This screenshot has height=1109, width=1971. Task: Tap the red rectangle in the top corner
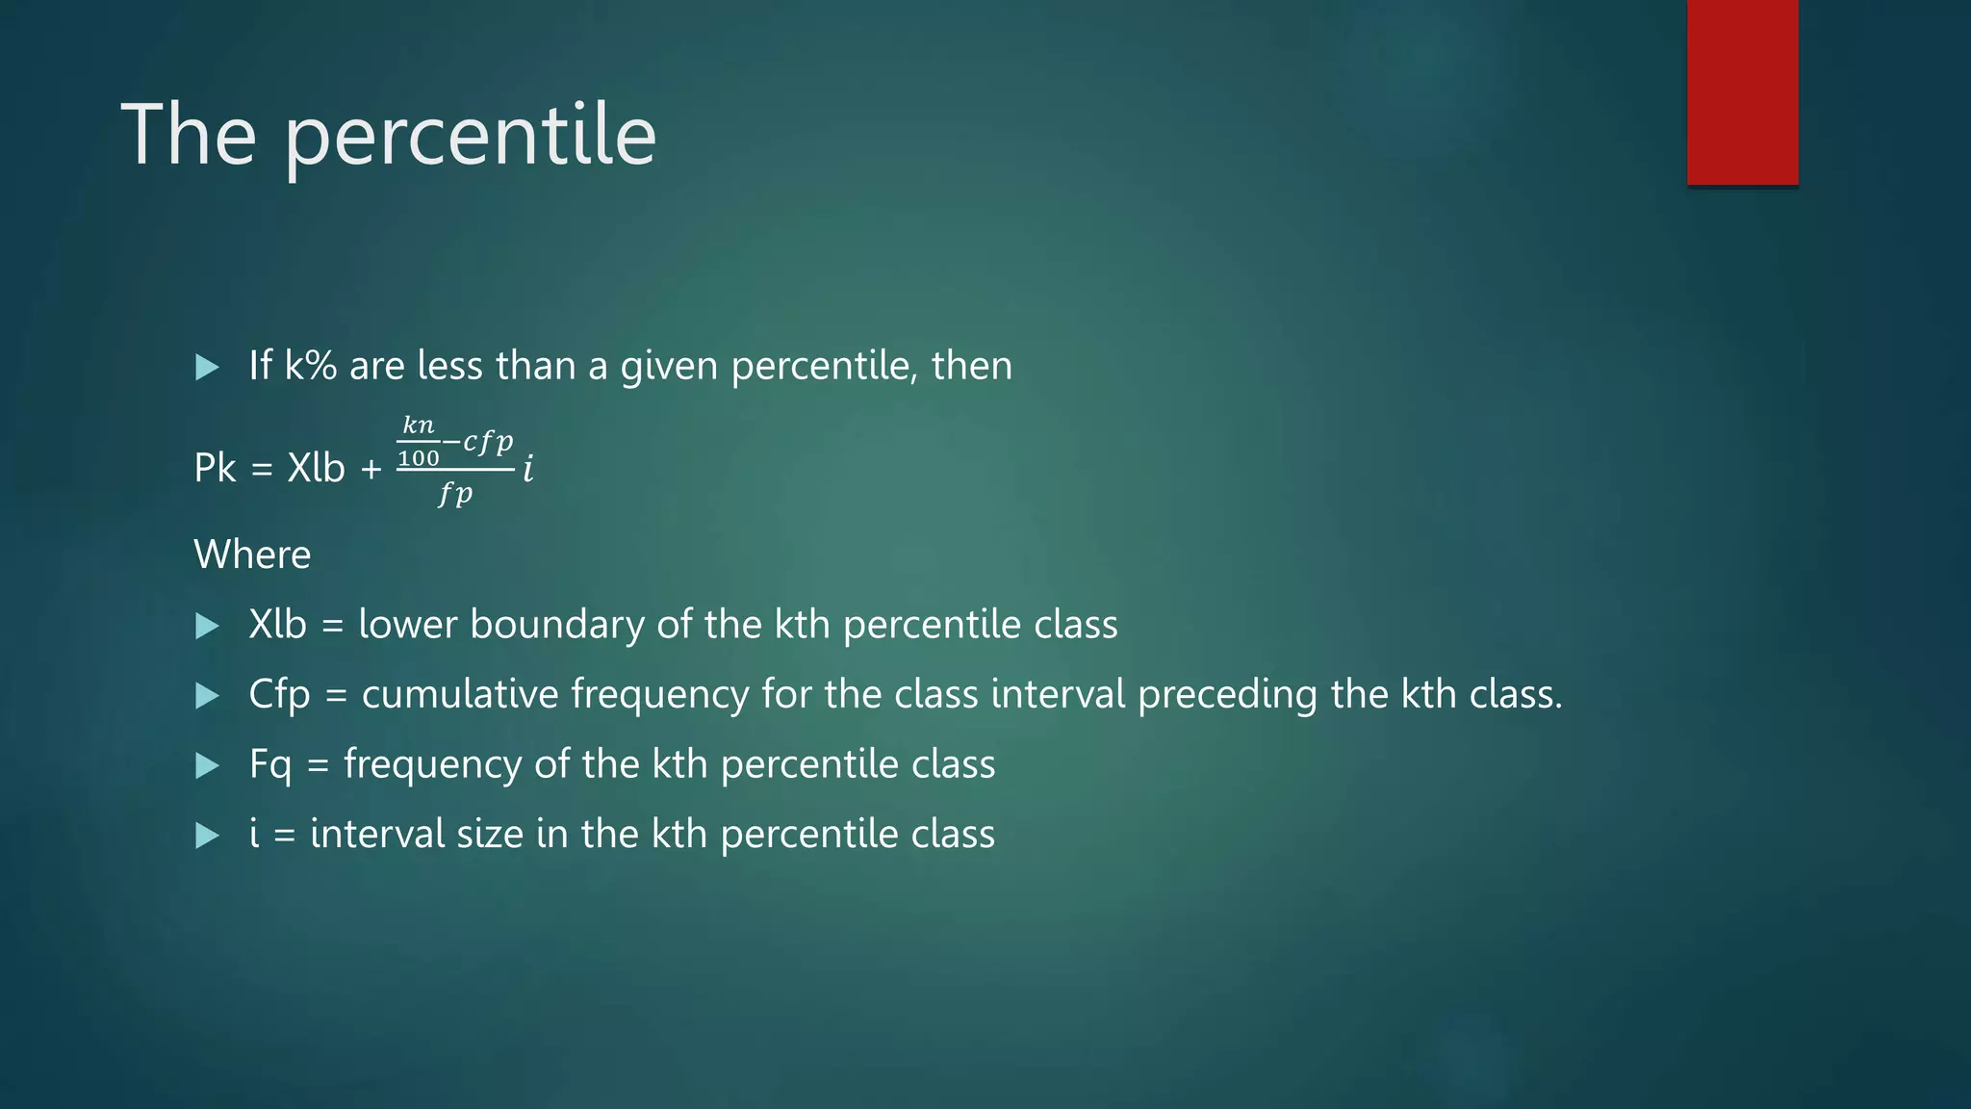pyautogui.click(x=1742, y=91)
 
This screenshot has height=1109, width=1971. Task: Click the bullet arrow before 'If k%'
pyautogui.click(x=207, y=367)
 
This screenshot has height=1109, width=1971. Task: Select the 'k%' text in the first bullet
pyautogui.click(x=310, y=366)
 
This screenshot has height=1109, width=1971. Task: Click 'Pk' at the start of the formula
pyautogui.click(x=215, y=469)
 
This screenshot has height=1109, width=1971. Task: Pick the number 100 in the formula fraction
pyautogui.click(x=419, y=458)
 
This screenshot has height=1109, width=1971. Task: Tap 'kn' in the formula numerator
pyautogui.click(x=419, y=426)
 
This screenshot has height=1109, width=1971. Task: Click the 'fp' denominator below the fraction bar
pyautogui.click(x=455, y=494)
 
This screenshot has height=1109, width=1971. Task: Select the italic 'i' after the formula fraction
pyautogui.click(x=528, y=469)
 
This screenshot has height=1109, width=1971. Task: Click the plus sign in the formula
pyautogui.click(x=371, y=470)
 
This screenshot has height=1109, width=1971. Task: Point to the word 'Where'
pyautogui.click(x=252, y=554)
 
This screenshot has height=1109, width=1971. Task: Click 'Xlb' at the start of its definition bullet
pyautogui.click(x=277, y=625)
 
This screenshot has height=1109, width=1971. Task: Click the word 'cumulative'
pyautogui.click(x=459, y=694)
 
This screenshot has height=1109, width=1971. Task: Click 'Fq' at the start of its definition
pyautogui.click(x=269, y=764)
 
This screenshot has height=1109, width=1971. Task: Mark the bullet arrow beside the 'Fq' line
pyautogui.click(x=207, y=765)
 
